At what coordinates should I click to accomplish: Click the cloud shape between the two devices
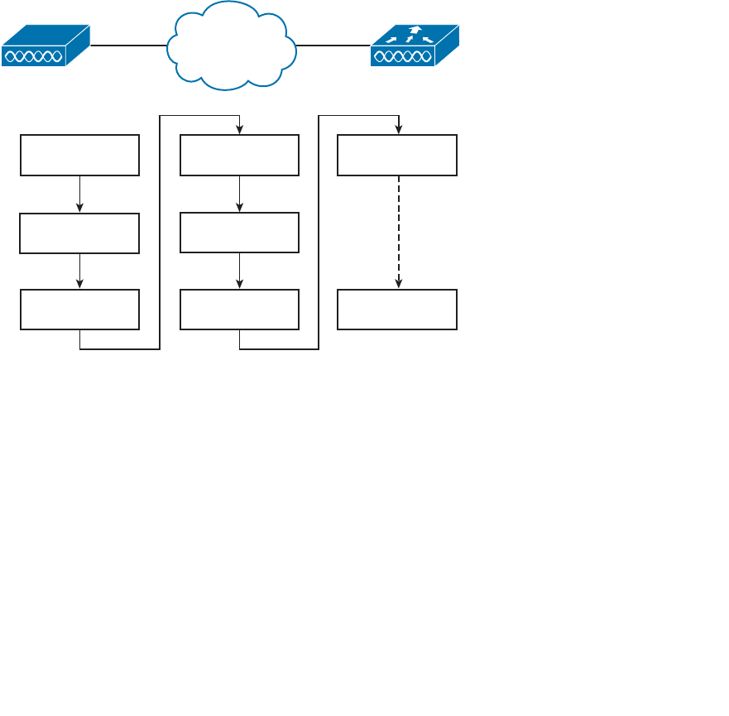[231, 46]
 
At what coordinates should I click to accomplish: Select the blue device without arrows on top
[45, 46]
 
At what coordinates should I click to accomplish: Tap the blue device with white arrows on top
[414, 46]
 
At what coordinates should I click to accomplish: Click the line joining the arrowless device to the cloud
[128, 46]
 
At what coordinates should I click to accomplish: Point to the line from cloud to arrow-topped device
[333, 46]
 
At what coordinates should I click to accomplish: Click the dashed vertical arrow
[399, 232]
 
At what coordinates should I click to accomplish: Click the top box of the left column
[79, 156]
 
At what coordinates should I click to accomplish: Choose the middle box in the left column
[79, 233]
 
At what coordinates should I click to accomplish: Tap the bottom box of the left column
[79, 310]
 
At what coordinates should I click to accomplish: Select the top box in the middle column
[239, 156]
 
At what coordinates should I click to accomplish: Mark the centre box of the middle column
[239, 233]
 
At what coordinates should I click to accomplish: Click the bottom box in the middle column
[239, 310]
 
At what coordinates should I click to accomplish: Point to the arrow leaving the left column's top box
[79, 194]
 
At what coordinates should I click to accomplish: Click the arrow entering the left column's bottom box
[79, 272]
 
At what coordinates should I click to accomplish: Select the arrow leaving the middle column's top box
[239, 194]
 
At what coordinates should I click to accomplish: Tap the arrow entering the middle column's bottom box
[239, 272]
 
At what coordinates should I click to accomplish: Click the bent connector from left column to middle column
[159, 232]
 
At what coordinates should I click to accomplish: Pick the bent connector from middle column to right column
[319, 232]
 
